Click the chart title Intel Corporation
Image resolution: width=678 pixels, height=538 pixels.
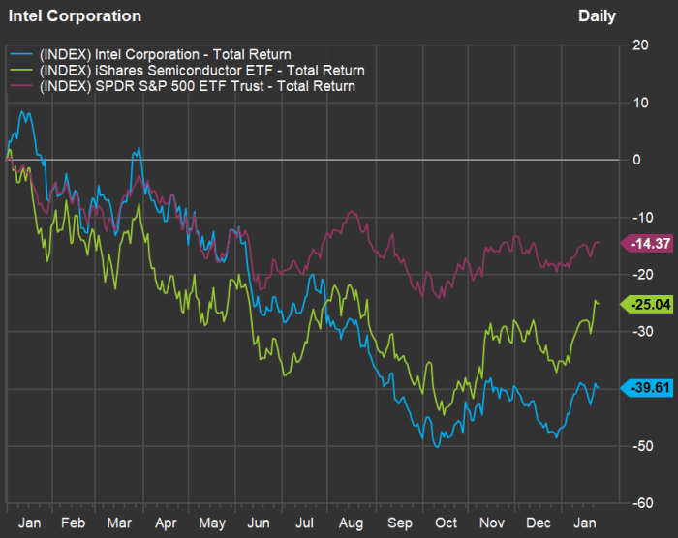pyautogui.click(x=75, y=16)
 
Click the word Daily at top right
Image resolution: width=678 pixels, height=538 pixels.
pyautogui.click(x=597, y=16)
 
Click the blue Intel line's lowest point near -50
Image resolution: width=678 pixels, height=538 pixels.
pyautogui.click(x=437, y=447)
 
